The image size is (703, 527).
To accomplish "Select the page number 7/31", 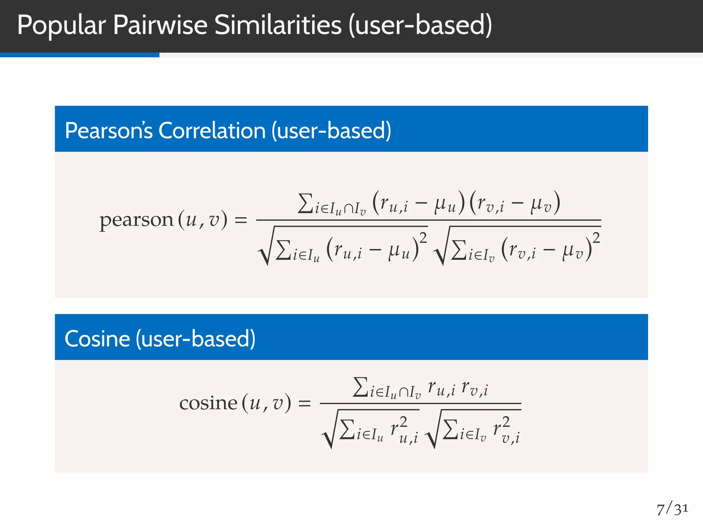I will (672, 509).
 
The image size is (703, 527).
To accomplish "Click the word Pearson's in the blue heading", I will (108, 131).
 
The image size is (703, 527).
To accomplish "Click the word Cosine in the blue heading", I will (97, 339).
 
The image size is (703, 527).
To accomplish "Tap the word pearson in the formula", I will (136, 220).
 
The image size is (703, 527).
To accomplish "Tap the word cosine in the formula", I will (208, 403).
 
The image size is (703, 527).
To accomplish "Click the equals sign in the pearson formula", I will (241, 220).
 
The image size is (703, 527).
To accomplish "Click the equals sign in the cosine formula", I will (304, 403).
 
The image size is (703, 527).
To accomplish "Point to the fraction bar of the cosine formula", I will (420, 403).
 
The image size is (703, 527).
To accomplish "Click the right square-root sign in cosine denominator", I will (433, 432).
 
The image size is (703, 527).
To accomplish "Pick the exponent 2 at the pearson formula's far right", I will (596, 237).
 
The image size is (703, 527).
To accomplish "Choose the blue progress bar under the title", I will (80, 55).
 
